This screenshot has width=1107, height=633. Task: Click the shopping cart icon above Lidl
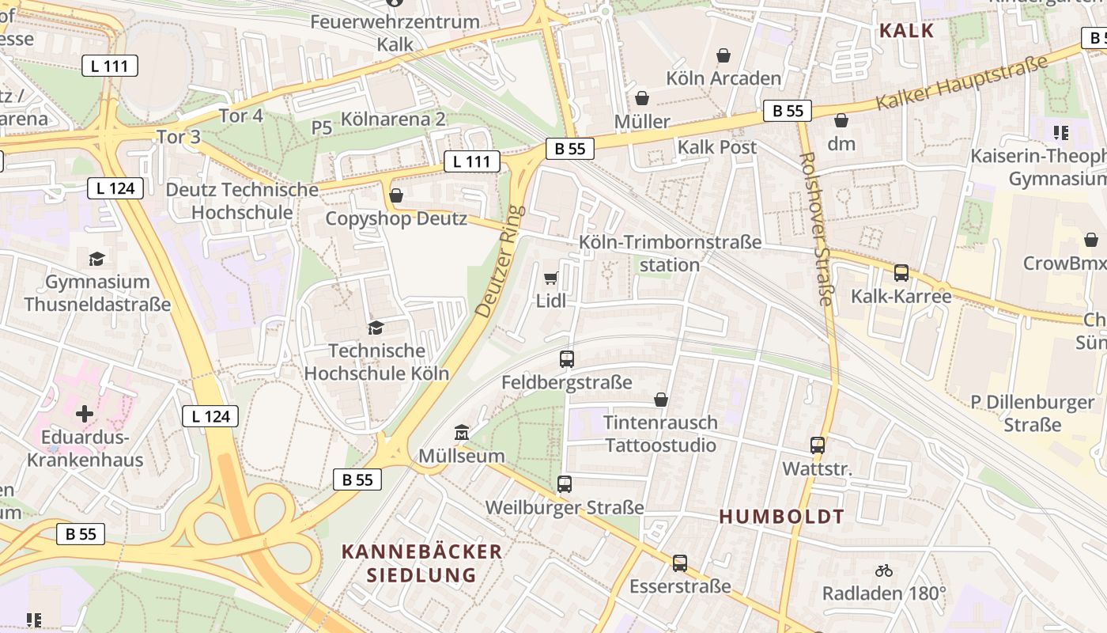click(551, 278)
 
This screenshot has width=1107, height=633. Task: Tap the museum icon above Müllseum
click(462, 432)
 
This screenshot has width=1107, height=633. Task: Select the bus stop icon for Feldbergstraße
click(566, 359)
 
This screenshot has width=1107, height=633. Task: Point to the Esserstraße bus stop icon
click(680, 563)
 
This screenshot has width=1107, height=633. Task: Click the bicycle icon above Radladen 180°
click(884, 570)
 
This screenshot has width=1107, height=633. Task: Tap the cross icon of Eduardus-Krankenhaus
click(85, 413)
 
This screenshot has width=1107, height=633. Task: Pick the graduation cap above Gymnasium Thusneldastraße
click(97, 259)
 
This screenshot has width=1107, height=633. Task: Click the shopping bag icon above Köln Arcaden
click(723, 55)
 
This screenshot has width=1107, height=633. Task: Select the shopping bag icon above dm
click(841, 120)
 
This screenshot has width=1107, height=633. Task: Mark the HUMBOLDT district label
click(781, 517)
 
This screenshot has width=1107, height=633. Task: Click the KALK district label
click(906, 31)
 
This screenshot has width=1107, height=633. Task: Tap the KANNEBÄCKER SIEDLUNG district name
click(421, 563)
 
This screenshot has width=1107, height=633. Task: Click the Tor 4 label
click(240, 116)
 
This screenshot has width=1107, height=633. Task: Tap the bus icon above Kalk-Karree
click(901, 273)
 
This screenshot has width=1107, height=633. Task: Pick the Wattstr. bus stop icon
click(818, 445)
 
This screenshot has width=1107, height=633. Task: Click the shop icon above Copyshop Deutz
click(396, 195)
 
